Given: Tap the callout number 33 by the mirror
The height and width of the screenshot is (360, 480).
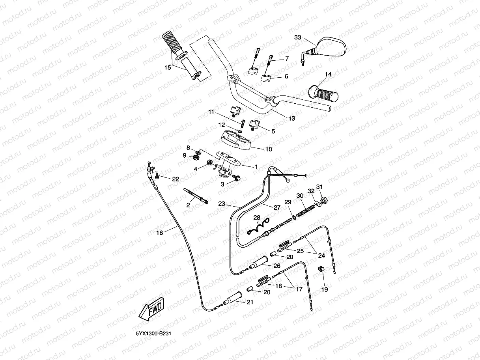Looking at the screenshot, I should point(298,37).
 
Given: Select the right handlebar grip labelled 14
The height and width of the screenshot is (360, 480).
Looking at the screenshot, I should point(324,93).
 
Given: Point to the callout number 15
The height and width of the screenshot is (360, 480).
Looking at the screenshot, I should point(168,68).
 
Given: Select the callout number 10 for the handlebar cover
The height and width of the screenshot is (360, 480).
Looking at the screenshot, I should point(269,149).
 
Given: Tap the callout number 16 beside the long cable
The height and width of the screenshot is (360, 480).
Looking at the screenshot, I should point(159,233).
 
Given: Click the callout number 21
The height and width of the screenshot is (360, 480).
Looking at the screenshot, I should point(250,302).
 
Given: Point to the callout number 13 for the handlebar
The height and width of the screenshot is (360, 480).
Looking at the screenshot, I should point(291,118).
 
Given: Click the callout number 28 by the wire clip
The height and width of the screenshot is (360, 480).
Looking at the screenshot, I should point(257,218).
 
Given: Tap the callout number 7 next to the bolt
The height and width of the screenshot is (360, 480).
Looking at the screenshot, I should point(287,58).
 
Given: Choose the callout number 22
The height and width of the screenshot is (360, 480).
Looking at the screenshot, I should point(176,179).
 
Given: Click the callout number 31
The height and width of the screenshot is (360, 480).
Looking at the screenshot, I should point(319,187).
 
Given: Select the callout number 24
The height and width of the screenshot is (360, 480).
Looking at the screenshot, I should point(321,256).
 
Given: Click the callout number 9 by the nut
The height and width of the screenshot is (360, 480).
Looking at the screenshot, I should point(184,156).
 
